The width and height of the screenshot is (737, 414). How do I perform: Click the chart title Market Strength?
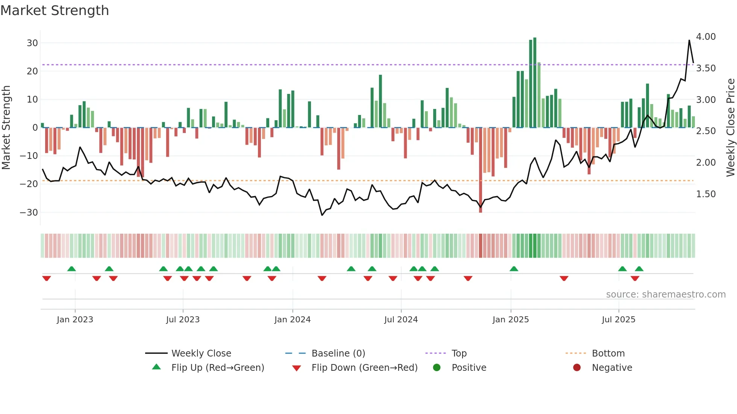[55, 11]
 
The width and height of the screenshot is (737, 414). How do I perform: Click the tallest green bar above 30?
[535, 83]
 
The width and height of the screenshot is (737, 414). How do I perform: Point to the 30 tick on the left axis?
[32, 43]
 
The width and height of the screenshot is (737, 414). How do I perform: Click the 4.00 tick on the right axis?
[706, 37]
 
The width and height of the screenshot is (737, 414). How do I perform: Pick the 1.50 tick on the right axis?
[706, 194]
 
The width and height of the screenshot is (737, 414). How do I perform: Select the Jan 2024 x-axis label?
[293, 320]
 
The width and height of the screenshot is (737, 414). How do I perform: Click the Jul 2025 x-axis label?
[619, 320]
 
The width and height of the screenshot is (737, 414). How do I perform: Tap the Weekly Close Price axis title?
[730, 128]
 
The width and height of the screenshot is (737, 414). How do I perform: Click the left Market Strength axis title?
[6, 128]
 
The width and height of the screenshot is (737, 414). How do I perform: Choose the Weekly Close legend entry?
[201, 354]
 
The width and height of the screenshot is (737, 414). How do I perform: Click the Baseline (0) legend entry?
[338, 354]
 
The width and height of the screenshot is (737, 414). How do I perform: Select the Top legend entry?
[459, 354]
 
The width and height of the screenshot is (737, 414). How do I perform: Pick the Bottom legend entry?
[608, 354]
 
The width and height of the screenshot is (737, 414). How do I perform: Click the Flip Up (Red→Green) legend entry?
[217, 368]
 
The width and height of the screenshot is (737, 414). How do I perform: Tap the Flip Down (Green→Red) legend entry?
[364, 368]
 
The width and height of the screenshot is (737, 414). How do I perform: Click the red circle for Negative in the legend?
[577, 368]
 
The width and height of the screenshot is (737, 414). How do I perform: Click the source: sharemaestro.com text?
[666, 295]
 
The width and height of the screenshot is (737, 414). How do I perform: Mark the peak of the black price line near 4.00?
[689, 40]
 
